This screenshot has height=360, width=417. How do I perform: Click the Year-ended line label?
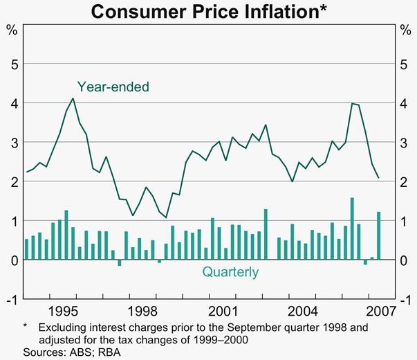click(x=113, y=87)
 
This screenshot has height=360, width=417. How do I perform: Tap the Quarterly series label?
click(x=230, y=272)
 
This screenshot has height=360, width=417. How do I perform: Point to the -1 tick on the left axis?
click(x=10, y=300)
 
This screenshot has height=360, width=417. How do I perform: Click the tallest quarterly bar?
click(x=352, y=228)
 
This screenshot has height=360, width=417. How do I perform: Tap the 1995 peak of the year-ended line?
click(x=73, y=98)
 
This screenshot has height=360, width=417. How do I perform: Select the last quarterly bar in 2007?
click(x=379, y=235)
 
